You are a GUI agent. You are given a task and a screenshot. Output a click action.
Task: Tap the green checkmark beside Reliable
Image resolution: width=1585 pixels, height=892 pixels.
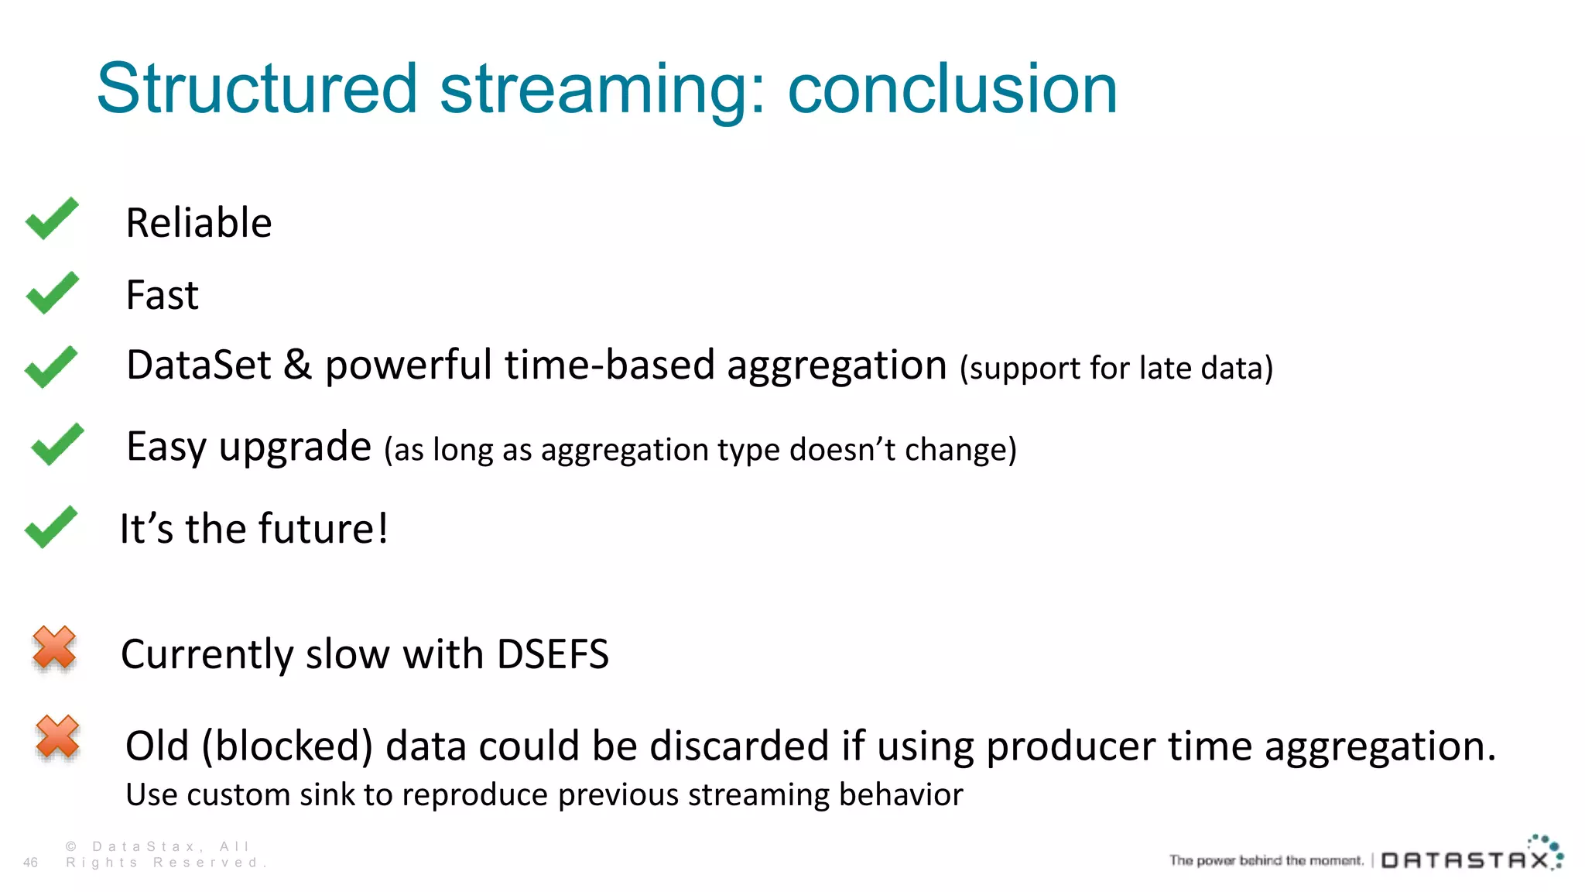tap(52, 218)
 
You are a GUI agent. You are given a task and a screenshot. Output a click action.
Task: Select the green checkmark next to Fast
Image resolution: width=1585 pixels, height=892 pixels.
tap(52, 293)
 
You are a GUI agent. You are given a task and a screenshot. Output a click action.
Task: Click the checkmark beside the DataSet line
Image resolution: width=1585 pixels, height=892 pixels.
tap(51, 366)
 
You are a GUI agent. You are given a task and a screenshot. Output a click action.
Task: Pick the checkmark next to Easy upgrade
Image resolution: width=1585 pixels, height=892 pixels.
tap(57, 444)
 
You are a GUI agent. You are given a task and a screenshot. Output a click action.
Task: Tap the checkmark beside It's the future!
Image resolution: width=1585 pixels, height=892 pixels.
tap(51, 527)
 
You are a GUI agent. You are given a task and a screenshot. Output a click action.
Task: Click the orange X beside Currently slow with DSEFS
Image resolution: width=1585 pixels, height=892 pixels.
tap(54, 647)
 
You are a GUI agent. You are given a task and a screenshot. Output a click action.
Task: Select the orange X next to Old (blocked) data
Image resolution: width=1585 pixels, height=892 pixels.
tap(57, 736)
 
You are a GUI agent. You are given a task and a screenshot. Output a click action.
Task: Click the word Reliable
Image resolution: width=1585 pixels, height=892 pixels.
tap(199, 223)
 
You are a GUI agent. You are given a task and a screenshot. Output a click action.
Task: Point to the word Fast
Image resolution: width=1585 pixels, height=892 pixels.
tap(163, 295)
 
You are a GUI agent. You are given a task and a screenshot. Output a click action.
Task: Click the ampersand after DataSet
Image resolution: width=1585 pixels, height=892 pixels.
tap(297, 365)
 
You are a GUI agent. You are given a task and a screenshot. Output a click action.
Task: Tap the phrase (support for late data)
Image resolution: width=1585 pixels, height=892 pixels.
tap(1116, 369)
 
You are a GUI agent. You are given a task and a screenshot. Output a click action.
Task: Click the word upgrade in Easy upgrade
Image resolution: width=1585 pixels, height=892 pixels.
tap(295, 448)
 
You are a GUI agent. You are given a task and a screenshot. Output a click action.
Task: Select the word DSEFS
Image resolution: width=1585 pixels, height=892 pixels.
tap(553, 654)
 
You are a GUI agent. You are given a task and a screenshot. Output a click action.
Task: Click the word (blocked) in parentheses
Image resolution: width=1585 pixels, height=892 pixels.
tap(287, 746)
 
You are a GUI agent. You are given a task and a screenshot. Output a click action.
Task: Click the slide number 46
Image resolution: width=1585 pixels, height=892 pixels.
tap(30, 863)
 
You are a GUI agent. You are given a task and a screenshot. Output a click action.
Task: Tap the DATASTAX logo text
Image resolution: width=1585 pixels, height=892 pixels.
tap(1465, 860)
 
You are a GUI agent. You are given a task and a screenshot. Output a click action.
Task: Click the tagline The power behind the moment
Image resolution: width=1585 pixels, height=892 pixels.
tap(1266, 860)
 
